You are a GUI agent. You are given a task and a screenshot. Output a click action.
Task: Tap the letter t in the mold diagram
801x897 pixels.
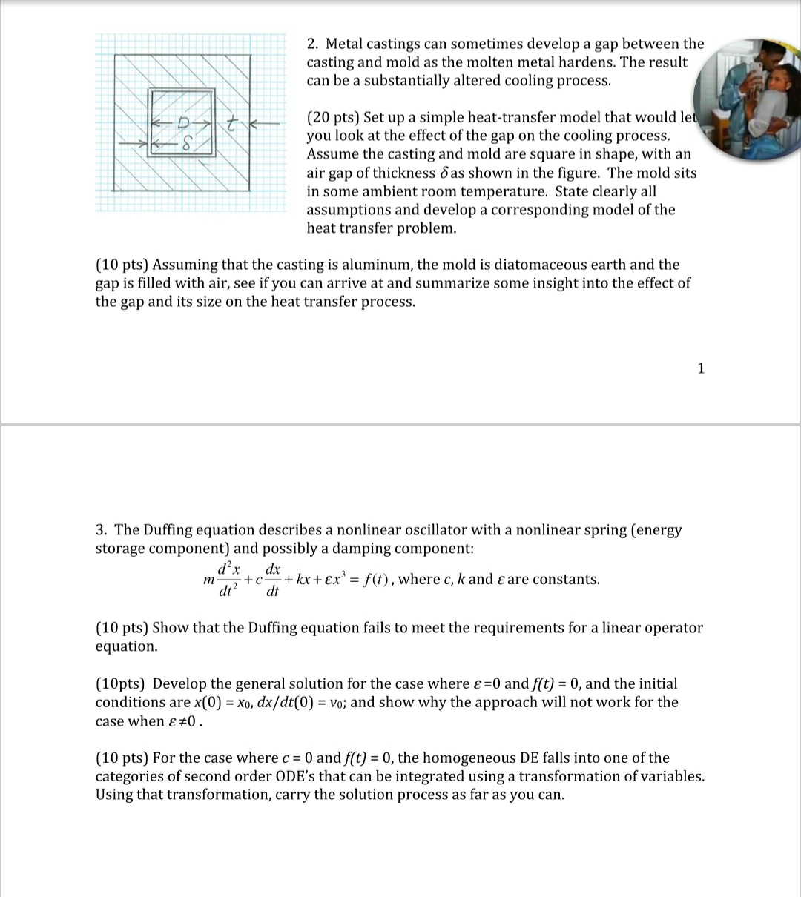pos(231,123)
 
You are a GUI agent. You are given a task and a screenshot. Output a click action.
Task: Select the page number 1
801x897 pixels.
pos(702,368)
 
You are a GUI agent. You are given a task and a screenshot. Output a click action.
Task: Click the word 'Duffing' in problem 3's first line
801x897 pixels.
pos(171,530)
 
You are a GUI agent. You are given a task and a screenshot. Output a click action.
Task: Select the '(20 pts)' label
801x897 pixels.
pos(332,118)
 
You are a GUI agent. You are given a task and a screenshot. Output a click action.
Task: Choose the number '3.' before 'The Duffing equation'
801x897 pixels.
pos(102,530)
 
